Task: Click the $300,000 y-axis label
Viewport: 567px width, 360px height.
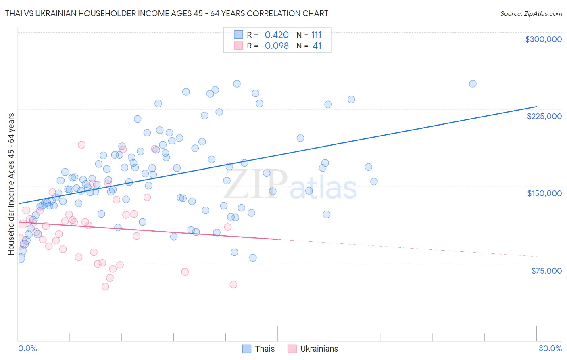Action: coord(543,39)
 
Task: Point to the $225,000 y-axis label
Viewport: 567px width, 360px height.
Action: coord(544,116)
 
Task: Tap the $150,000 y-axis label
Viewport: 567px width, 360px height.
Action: coord(544,193)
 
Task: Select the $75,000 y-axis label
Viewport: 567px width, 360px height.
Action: coord(546,271)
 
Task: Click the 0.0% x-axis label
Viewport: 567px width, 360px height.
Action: coord(27,348)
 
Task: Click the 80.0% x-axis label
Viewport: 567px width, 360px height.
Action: coord(550,348)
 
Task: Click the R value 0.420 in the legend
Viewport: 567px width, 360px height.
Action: coord(277,35)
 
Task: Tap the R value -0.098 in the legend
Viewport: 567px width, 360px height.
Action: coord(275,46)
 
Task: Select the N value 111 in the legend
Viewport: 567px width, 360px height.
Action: coord(316,35)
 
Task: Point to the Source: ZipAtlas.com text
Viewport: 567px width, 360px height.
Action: coord(531,13)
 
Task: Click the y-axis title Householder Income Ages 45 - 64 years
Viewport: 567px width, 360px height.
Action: coord(11,184)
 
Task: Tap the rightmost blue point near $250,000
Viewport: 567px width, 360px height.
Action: coord(473,84)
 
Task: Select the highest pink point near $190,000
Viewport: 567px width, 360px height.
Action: coord(81,145)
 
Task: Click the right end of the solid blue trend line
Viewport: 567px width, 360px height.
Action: coord(536,107)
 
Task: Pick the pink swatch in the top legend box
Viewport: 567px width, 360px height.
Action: coord(238,46)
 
